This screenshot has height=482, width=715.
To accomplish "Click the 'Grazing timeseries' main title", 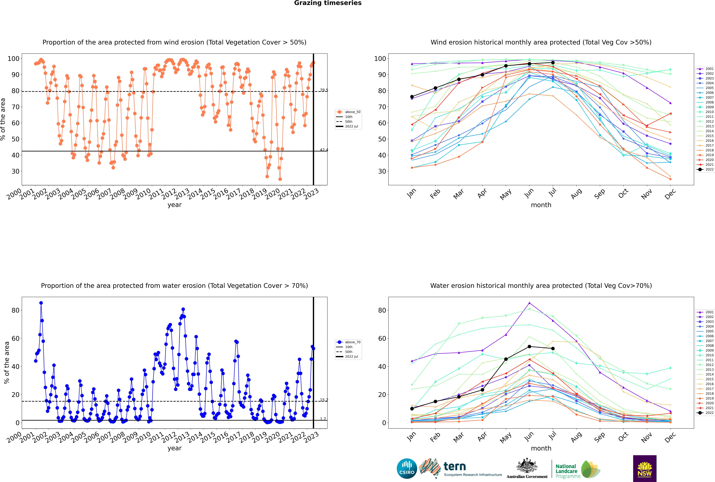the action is tap(328, 3).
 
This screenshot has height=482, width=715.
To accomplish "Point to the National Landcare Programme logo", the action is tap(578, 469).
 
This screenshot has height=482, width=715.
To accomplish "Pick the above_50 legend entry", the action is tap(348, 112).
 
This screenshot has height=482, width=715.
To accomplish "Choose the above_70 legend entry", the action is tap(348, 342).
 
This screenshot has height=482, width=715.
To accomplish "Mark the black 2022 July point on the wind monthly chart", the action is tap(553, 63).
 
